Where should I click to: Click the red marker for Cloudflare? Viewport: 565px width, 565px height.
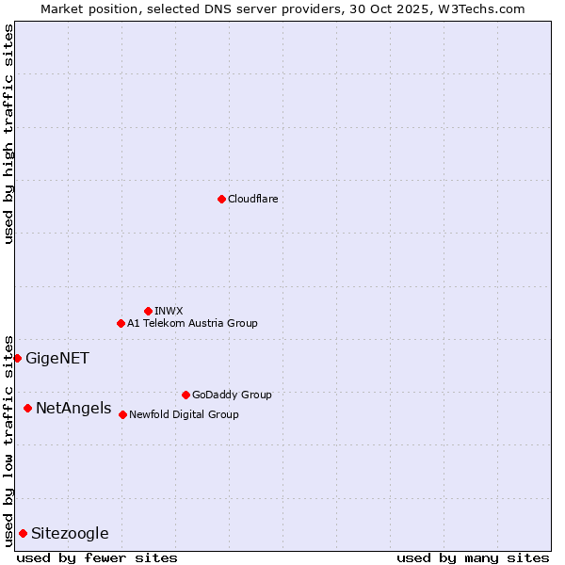tap(221, 199)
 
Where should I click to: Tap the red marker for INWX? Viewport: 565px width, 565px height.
tap(148, 311)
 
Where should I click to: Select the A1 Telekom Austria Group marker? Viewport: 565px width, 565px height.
tap(121, 323)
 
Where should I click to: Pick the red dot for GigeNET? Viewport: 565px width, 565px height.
tap(17, 358)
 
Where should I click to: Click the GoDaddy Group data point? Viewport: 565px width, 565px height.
tap(186, 395)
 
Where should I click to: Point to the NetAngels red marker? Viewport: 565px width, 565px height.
tap(27, 408)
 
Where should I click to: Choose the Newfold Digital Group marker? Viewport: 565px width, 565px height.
tap(122, 414)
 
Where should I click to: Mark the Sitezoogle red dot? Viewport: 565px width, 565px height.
tap(23, 533)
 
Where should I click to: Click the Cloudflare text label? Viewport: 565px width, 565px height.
tap(252, 199)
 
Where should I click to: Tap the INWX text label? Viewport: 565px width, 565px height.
tap(169, 311)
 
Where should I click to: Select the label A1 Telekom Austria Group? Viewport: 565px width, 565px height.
tap(192, 323)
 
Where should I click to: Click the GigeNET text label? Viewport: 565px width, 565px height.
tap(57, 358)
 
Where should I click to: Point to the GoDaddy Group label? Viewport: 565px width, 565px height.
tap(232, 395)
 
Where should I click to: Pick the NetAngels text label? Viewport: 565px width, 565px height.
tap(73, 409)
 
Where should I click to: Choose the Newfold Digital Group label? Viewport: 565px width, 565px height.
tap(184, 414)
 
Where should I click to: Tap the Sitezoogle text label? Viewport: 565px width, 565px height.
tap(70, 534)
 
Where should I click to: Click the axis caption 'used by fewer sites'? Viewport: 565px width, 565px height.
tap(97, 557)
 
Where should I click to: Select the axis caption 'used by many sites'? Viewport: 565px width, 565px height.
tap(473, 557)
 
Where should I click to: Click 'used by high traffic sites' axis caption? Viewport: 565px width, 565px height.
tap(8, 134)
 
